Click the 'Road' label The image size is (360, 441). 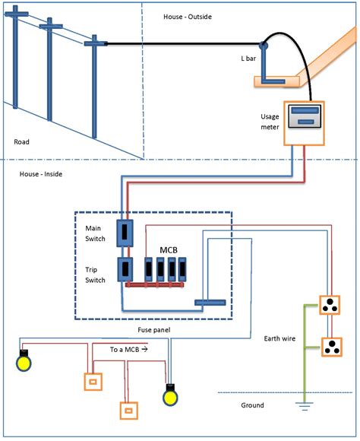click(22, 141)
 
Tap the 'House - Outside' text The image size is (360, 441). click(188, 17)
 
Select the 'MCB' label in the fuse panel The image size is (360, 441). click(169, 249)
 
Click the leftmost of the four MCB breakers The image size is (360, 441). click(149, 269)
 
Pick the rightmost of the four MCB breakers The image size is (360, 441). click(182, 269)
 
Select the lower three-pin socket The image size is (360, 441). click(331, 347)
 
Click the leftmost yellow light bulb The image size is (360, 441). click(24, 362)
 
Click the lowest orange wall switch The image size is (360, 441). click(126, 410)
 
